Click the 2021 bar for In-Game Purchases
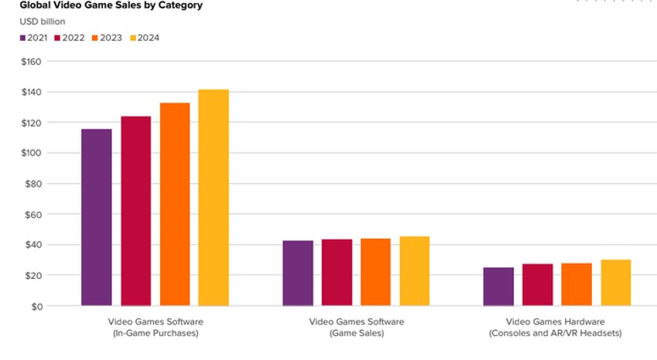(x=96, y=217)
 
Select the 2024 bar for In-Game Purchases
(x=213, y=198)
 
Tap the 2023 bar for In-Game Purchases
(x=175, y=204)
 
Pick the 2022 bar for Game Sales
(x=337, y=273)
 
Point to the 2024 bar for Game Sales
(x=414, y=271)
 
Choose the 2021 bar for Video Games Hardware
(x=499, y=287)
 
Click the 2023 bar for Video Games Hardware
(x=577, y=284)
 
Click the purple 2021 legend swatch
(x=22, y=38)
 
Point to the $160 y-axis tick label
(x=32, y=61)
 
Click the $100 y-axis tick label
(x=32, y=153)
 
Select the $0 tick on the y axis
(x=37, y=306)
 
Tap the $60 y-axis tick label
(x=35, y=214)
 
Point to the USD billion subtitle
(x=42, y=22)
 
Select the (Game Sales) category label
(x=356, y=333)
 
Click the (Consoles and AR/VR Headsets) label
(x=556, y=333)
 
